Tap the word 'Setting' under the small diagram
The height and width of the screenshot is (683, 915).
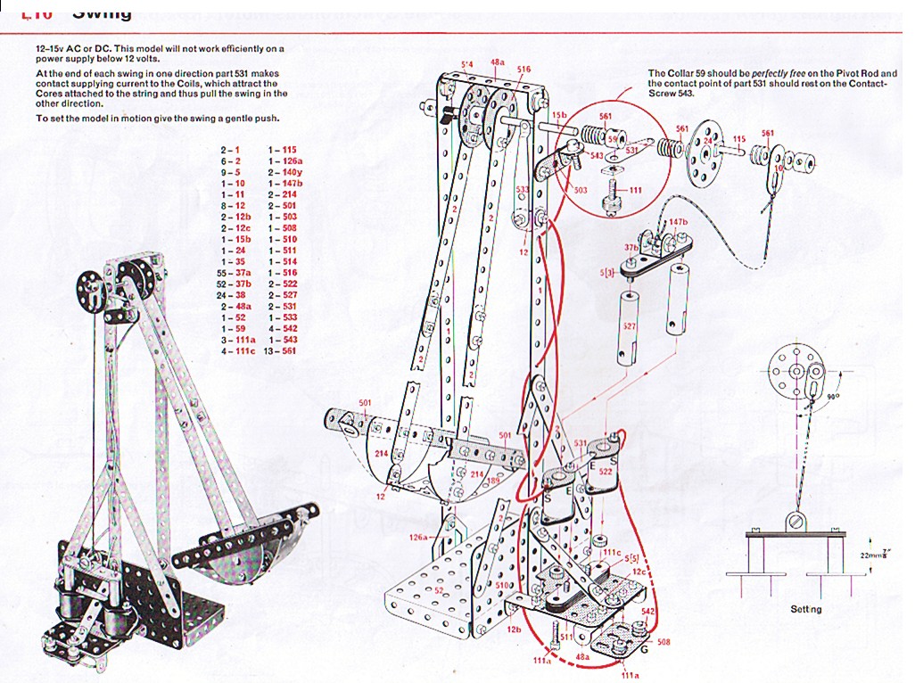(805, 609)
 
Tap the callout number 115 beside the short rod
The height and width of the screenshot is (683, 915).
(738, 139)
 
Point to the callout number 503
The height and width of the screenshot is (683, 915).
(580, 190)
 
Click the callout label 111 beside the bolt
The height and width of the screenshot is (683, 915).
(635, 191)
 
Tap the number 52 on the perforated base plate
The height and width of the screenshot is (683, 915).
(438, 589)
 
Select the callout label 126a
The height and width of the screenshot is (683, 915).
(419, 538)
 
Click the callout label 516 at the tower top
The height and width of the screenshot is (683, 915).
(523, 69)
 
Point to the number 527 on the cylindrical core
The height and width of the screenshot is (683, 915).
(630, 326)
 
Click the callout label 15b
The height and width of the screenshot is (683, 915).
(559, 115)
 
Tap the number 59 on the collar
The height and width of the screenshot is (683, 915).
(613, 138)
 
